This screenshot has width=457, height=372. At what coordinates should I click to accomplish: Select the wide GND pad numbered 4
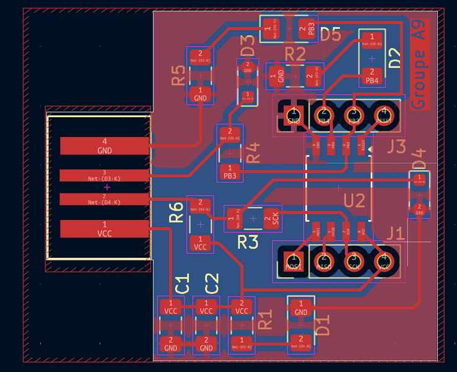pyautogui.click(x=104, y=146)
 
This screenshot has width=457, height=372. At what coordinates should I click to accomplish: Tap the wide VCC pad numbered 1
pyautogui.click(x=104, y=228)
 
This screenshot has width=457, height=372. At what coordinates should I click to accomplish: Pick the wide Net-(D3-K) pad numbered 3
pyautogui.click(x=104, y=175)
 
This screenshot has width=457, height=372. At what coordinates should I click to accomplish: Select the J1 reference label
pyautogui.click(x=394, y=234)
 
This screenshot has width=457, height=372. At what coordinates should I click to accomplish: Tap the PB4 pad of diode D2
pyautogui.click(x=372, y=77)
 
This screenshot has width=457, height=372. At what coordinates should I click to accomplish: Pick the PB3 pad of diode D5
pyautogui.click(x=307, y=29)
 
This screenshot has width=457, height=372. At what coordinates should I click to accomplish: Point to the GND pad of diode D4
pyautogui.click(x=419, y=209)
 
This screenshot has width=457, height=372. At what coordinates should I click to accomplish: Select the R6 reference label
pyautogui.click(x=176, y=213)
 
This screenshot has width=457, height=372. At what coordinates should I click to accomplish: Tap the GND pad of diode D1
pyautogui.click(x=301, y=308)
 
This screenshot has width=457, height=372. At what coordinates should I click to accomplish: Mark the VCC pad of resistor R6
pyautogui.click(x=200, y=243)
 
